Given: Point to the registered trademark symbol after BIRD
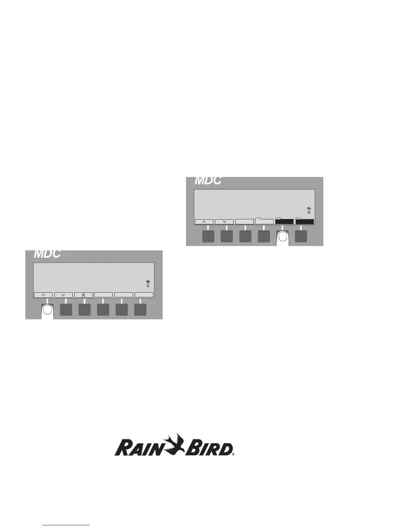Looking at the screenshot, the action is pyautogui.click(x=233, y=454).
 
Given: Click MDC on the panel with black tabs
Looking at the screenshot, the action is pyautogui.click(x=208, y=180).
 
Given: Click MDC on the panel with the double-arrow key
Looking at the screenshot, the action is pyautogui.click(x=47, y=254).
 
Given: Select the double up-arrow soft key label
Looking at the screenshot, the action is pyautogui.click(x=83, y=295).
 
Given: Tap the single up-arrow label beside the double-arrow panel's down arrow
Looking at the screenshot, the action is pyautogui.click(x=43, y=295).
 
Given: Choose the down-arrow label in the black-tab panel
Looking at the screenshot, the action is pyautogui.click(x=224, y=222).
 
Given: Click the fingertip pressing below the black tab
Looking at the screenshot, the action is pyautogui.click(x=283, y=237).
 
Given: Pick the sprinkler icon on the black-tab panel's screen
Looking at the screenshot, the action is pyautogui.click(x=309, y=210).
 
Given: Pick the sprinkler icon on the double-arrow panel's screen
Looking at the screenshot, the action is pyautogui.click(x=148, y=284).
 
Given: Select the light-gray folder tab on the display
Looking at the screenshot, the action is pyautogui.click(x=264, y=221).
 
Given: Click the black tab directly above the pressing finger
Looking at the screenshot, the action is pyautogui.click(x=284, y=221).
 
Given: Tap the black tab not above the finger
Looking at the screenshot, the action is pyautogui.click(x=305, y=221).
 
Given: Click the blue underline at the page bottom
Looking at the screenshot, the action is pyautogui.click(x=66, y=526).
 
